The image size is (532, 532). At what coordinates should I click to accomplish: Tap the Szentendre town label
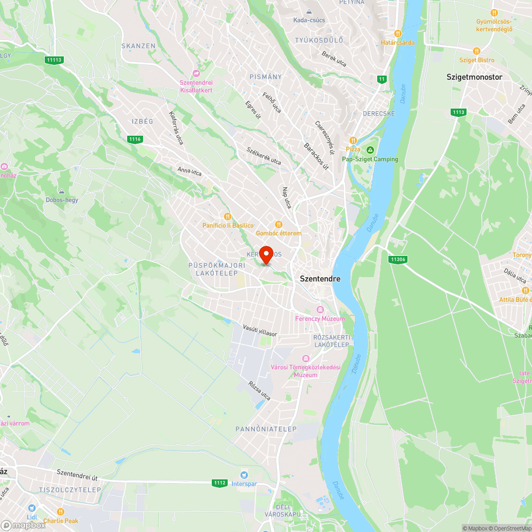coord(320,278)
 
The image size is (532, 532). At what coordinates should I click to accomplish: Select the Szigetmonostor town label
coord(473,77)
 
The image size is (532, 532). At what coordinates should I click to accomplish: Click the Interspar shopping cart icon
coord(244,475)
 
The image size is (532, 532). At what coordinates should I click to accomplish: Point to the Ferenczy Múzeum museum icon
coord(320,310)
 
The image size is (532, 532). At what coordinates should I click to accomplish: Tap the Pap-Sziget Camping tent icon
coord(370,150)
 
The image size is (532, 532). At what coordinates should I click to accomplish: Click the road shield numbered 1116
coord(135,139)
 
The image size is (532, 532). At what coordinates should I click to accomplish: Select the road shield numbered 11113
coord(54,60)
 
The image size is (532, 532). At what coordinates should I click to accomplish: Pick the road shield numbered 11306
coord(397,260)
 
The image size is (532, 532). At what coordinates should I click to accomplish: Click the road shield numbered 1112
coord(220,483)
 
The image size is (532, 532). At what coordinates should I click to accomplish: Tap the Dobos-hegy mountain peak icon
coord(62,191)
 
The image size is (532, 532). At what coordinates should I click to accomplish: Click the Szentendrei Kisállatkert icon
coord(196,73)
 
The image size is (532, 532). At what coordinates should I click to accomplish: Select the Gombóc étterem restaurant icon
coord(278,225)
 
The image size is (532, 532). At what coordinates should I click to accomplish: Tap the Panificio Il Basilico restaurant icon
coord(228,217)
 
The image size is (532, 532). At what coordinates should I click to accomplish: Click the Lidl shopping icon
coord(31,508)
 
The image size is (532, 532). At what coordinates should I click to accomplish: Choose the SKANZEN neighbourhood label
coord(138,46)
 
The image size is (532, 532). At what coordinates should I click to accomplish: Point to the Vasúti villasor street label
coord(260,330)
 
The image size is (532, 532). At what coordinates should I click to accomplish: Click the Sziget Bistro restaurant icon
coord(476,51)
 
